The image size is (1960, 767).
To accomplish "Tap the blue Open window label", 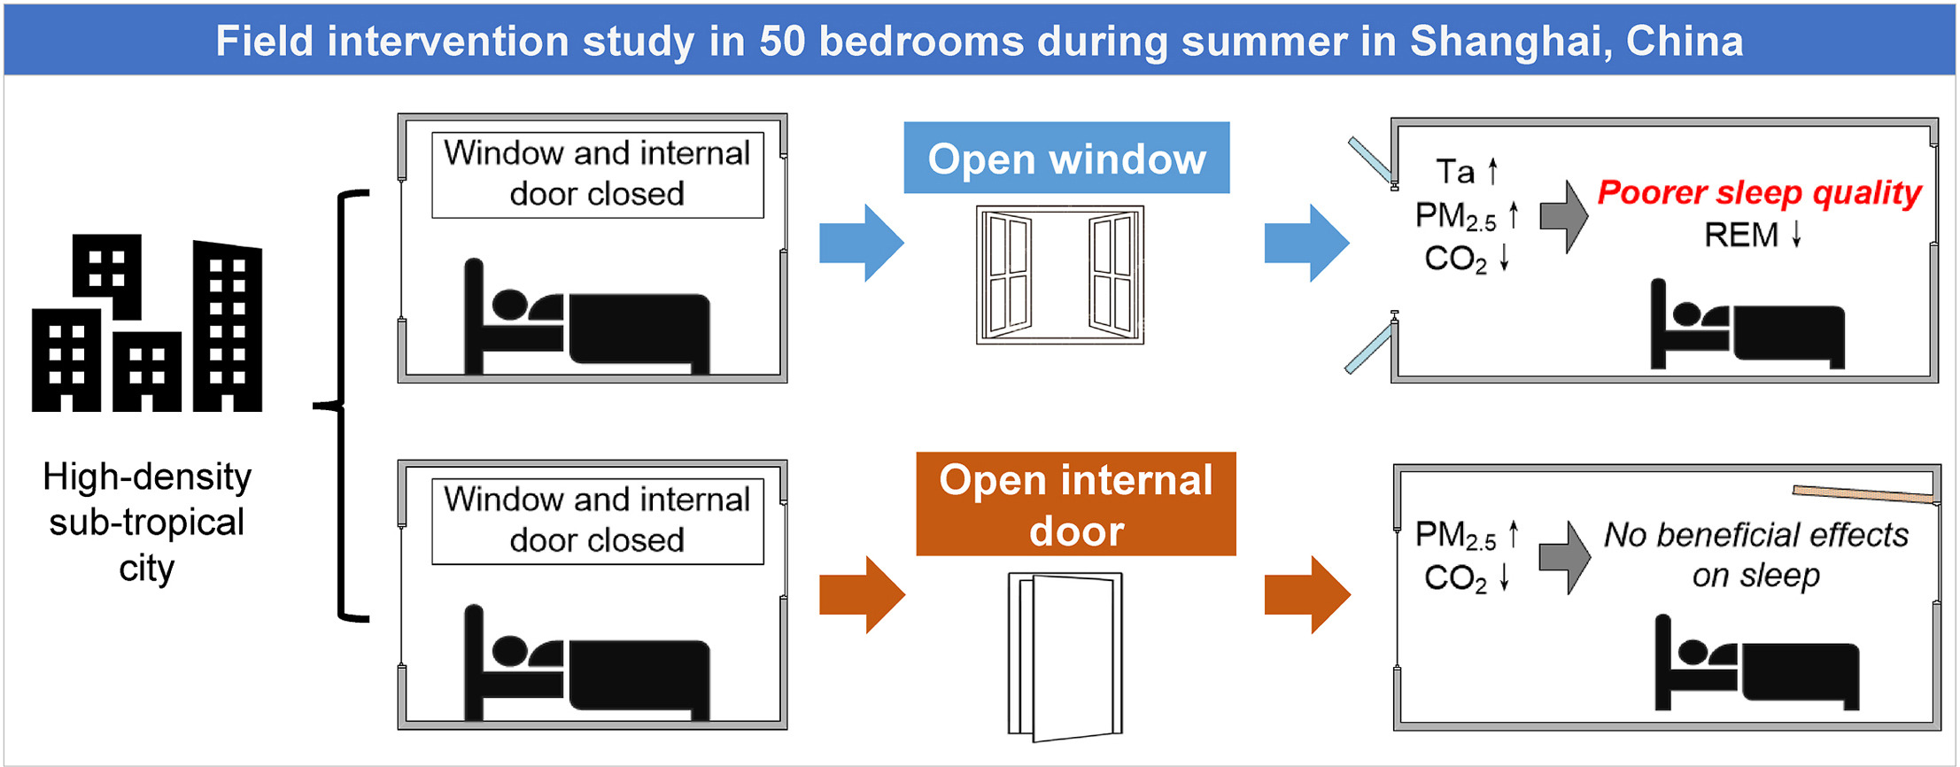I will (x=1066, y=159).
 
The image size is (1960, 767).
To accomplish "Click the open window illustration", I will (x=1059, y=275).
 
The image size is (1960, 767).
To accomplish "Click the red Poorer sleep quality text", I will (x=1759, y=193).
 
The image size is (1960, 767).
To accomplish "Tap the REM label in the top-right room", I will (x=1741, y=236).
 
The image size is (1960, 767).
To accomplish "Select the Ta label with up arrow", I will (x=1466, y=171).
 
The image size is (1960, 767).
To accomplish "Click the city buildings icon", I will (x=147, y=324).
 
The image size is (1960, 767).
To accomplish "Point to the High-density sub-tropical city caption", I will (x=147, y=523).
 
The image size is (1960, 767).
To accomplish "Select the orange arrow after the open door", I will (x=1307, y=594).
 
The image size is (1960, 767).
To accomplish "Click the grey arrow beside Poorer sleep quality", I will (x=1563, y=216).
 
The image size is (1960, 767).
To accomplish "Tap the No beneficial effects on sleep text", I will (x=1755, y=554).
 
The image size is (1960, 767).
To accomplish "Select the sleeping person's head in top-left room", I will (x=509, y=304).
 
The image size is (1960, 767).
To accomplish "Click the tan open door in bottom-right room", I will (x=1862, y=493).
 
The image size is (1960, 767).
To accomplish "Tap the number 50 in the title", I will (x=782, y=42).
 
